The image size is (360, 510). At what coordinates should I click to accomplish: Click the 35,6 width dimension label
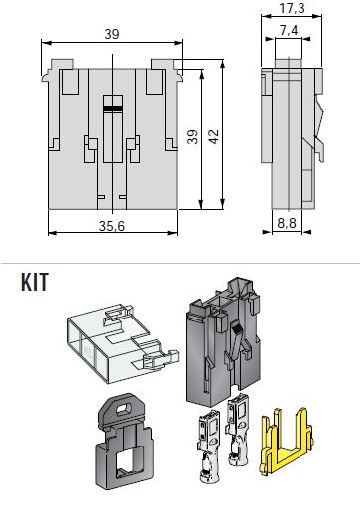tap(112, 226)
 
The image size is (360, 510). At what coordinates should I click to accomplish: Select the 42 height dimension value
tap(214, 136)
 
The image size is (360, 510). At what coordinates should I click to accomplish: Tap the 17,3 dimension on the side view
tap(292, 8)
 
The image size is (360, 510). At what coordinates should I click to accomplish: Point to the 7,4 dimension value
tap(289, 30)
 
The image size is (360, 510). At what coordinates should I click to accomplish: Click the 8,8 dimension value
tap(287, 223)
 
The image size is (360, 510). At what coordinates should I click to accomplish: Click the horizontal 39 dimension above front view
tap(112, 34)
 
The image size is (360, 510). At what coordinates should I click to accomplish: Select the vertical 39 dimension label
tap(192, 136)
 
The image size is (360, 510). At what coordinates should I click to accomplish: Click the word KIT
tap(35, 282)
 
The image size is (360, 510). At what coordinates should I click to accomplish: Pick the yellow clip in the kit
tap(286, 441)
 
